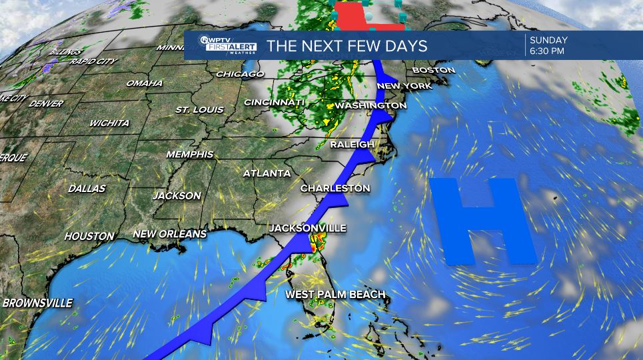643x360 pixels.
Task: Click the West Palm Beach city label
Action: (335, 294)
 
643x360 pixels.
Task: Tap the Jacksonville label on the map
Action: (307, 228)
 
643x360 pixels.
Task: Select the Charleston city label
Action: (334, 189)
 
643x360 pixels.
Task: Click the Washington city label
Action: (370, 105)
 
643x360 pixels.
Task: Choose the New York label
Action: (404, 86)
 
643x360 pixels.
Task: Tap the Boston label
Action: (433, 70)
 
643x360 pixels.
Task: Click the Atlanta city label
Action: (267, 173)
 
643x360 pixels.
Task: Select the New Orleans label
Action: (169, 234)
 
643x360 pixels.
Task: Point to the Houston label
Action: (89, 236)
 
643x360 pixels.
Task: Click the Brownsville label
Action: (37, 303)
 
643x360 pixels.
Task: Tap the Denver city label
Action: (46, 104)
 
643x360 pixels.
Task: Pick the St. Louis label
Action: (200, 109)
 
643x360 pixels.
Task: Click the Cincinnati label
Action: (274, 102)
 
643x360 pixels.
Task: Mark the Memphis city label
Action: (190, 154)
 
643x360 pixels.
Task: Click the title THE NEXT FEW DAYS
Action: (346, 47)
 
